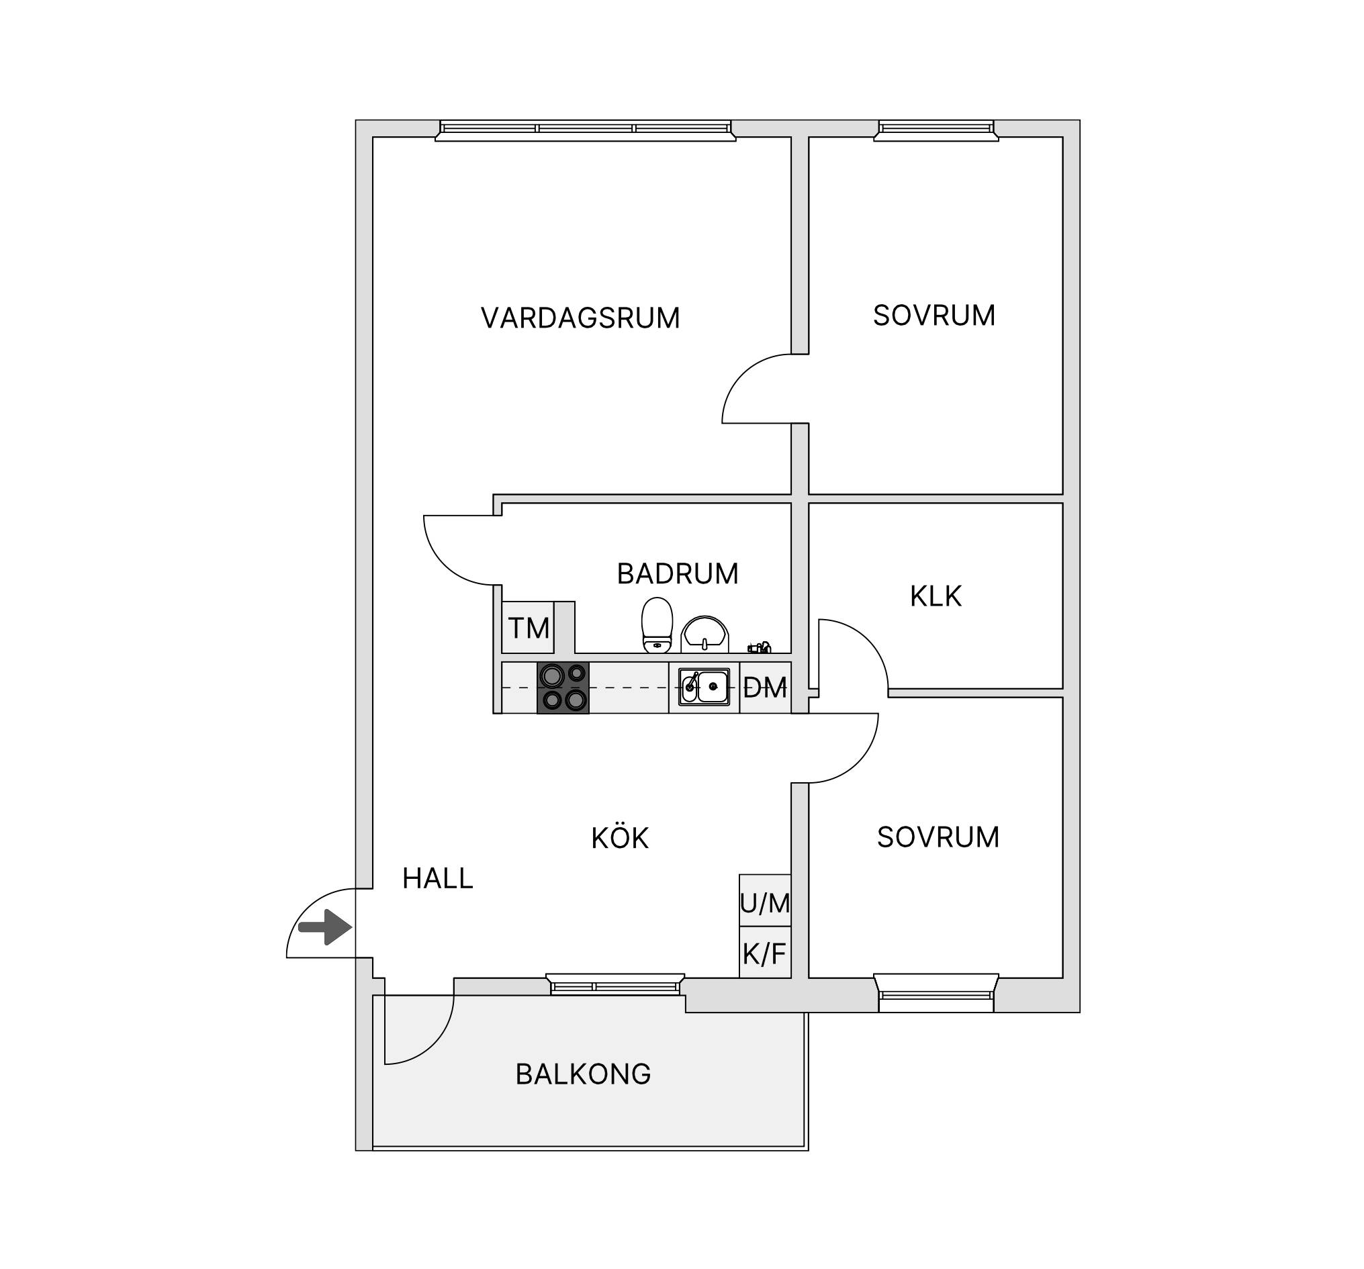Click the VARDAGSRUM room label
coord(580,318)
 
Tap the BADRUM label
coord(678,574)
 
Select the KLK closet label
coord(936,597)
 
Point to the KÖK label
coord(620,838)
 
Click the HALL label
coord(438,879)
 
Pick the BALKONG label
coord(583,1074)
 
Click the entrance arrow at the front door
coord(325,927)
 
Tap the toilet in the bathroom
coord(657,625)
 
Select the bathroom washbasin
coord(704,634)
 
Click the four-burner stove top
coord(563,688)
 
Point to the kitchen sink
coord(704,688)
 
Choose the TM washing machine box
coord(529,628)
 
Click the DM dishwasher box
coord(765,688)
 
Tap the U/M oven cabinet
coord(765,900)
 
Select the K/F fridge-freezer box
coord(765,952)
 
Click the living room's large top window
coord(585,130)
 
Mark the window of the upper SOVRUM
coord(936,130)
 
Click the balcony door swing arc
coord(434,1044)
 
